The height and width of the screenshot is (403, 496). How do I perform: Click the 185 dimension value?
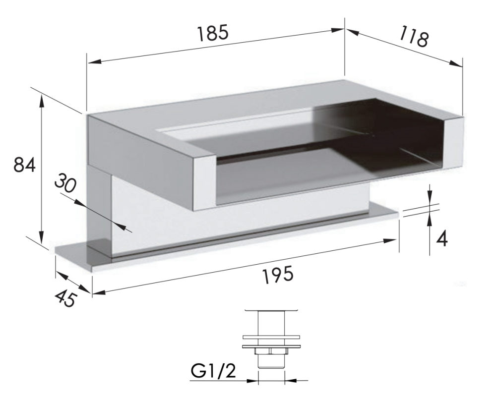tap(213, 34)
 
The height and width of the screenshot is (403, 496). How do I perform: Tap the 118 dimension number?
tap(414, 36)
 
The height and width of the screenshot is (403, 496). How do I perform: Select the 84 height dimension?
tap(24, 165)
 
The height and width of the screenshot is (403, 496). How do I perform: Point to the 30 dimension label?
tap(65, 183)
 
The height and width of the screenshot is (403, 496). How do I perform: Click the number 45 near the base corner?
tap(65, 298)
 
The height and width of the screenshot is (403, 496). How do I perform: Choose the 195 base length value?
tap(278, 274)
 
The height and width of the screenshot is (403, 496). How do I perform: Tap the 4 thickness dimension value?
tap(442, 239)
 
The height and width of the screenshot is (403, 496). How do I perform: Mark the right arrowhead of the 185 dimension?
tap(337, 30)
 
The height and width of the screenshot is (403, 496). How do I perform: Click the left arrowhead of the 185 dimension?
tap(95, 61)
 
